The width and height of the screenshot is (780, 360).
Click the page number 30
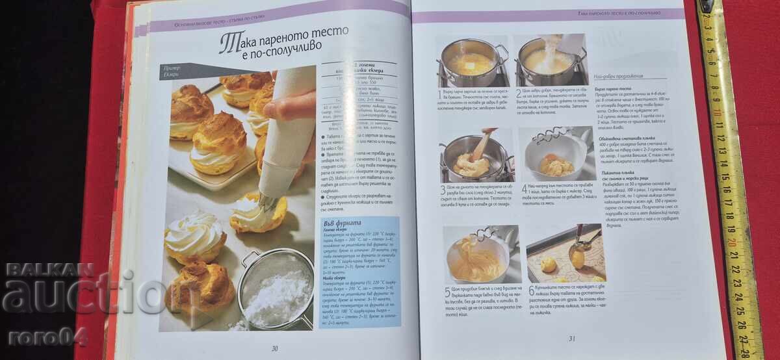click(274, 348)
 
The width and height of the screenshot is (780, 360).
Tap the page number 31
click(573, 337)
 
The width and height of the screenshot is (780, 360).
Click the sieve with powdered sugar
click(276, 290)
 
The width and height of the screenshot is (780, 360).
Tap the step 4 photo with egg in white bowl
click(556, 154)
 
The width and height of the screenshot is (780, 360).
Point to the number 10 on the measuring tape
click(718, 110)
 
